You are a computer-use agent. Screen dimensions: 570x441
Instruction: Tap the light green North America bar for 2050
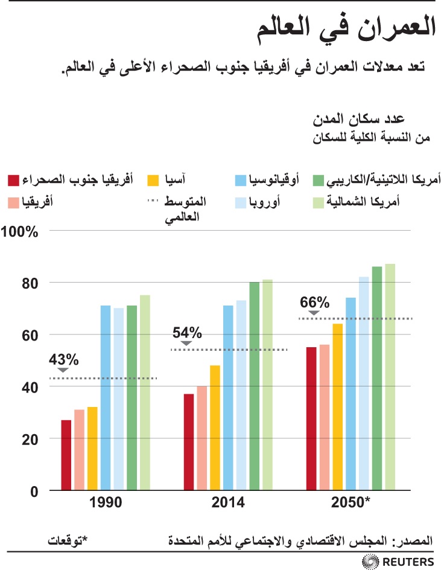coord(390,377)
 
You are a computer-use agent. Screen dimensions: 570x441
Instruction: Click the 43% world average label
coord(64,359)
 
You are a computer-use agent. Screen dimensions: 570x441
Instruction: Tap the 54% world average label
coord(187,333)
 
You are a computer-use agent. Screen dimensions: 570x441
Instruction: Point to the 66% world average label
coord(315,302)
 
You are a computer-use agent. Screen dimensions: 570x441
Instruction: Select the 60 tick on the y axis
coord(31,335)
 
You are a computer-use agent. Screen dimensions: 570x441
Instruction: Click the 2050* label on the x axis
coord(351,503)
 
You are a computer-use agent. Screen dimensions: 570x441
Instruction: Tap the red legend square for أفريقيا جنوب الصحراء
coord(13,180)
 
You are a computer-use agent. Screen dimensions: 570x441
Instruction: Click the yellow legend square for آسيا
coord(154,180)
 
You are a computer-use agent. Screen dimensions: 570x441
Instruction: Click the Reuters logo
coord(398,561)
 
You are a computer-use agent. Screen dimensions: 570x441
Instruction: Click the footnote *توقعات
coord(68,537)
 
